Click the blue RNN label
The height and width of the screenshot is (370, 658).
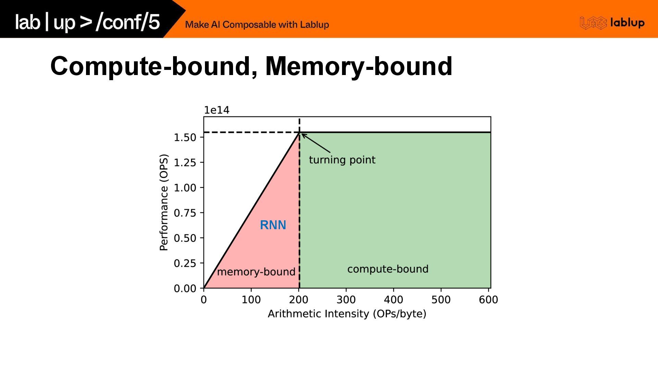tap(273, 225)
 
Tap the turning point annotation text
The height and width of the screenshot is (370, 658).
tap(342, 160)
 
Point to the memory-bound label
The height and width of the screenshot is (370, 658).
tap(256, 272)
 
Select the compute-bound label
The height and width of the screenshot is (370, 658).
tap(388, 269)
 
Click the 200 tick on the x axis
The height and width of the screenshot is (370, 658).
tap(298, 300)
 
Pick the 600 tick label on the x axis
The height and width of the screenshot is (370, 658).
tap(488, 300)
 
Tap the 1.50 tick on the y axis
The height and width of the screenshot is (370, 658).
tap(185, 137)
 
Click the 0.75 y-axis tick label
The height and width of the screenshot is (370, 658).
tap(185, 213)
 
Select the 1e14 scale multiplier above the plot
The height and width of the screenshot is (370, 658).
tap(217, 110)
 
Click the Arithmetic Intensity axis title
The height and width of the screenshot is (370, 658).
tap(347, 314)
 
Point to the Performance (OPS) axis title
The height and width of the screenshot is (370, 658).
tap(164, 202)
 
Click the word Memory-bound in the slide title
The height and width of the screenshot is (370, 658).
tap(359, 66)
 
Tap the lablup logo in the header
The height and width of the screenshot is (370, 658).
tap(612, 23)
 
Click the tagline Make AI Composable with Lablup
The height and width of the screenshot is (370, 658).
tap(257, 25)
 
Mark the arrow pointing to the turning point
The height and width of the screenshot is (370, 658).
tap(316, 143)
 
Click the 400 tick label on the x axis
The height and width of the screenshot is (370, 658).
tap(393, 300)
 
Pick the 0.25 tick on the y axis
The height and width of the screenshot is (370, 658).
tap(185, 263)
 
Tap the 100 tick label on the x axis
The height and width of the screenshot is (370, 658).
tap(251, 300)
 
